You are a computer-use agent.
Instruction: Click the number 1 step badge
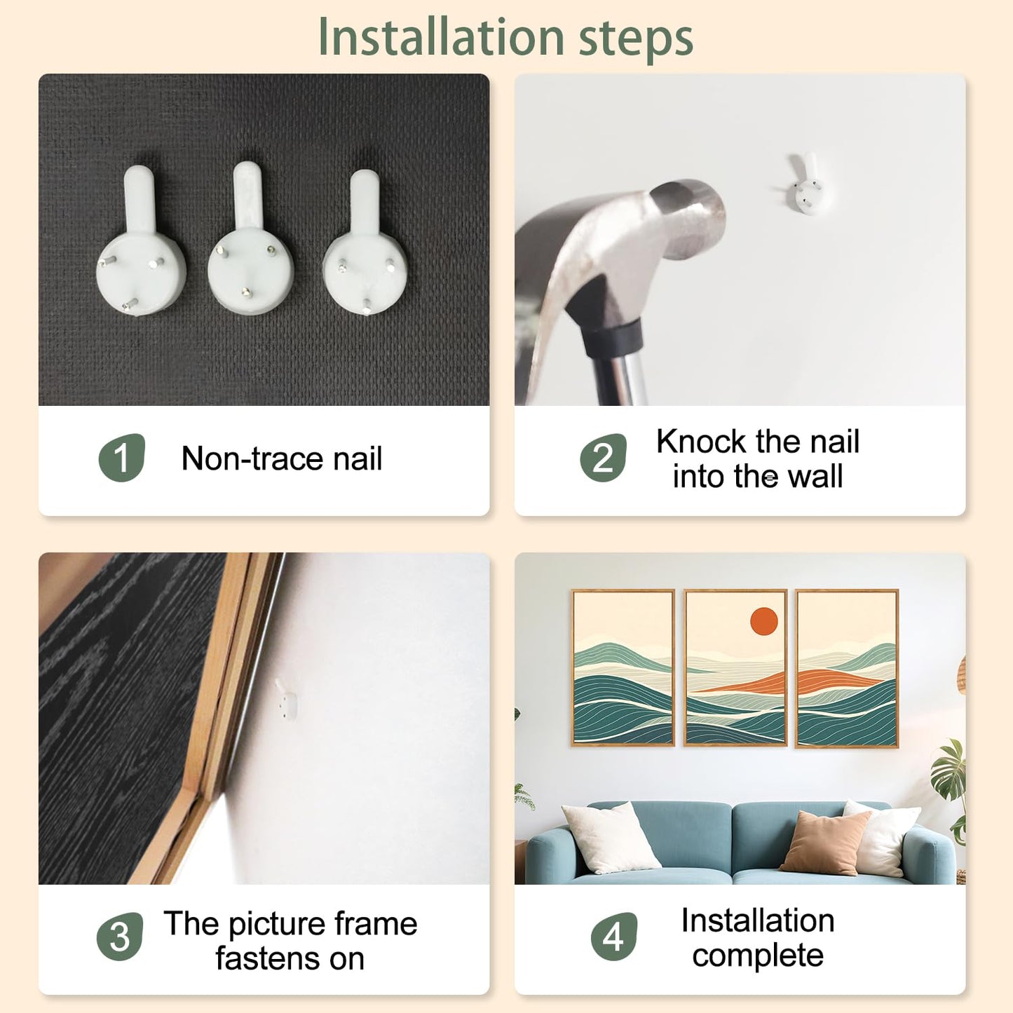pyautogui.click(x=121, y=457)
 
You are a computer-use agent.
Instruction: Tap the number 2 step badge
pyautogui.click(x=603, y=457)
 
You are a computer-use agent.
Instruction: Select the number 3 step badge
pyautogui.click(x=119, y=937)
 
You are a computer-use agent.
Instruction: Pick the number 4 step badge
pyautogui.click(x=613, y=937)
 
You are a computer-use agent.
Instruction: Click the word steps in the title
pyautogui.click(x=636, y=41)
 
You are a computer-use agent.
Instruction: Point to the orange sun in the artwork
pyautogui.click(x=763, y=621)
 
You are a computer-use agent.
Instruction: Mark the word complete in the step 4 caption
pyautogui.click(x=758, y=956)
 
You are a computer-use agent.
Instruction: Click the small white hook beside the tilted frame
pyautogui.click(x=285, y=699)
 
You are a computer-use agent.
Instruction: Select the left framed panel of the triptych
pyautogui.click(x=623, y=667)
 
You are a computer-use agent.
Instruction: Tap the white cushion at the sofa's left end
pyautogui.click(x=610, y=838)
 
